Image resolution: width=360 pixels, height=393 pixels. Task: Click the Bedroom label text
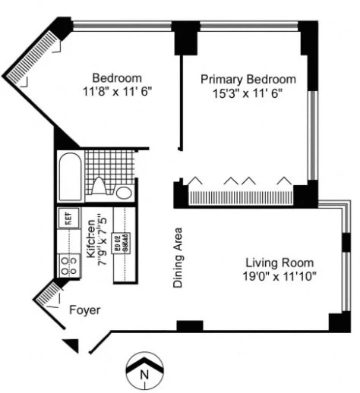coord(117,77)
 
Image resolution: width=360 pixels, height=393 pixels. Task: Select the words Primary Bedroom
coord(248,79)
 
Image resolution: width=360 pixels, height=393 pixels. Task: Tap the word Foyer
coord(85,310)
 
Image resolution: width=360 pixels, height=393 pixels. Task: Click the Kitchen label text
coord(90,240)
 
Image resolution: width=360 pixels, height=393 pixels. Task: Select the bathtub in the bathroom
coord(70,177)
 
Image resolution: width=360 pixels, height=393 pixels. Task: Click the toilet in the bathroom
coord(99,186)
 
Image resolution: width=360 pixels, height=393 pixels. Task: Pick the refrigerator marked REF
coord(67,219)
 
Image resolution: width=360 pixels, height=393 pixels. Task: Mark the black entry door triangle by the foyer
coord(71,345)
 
